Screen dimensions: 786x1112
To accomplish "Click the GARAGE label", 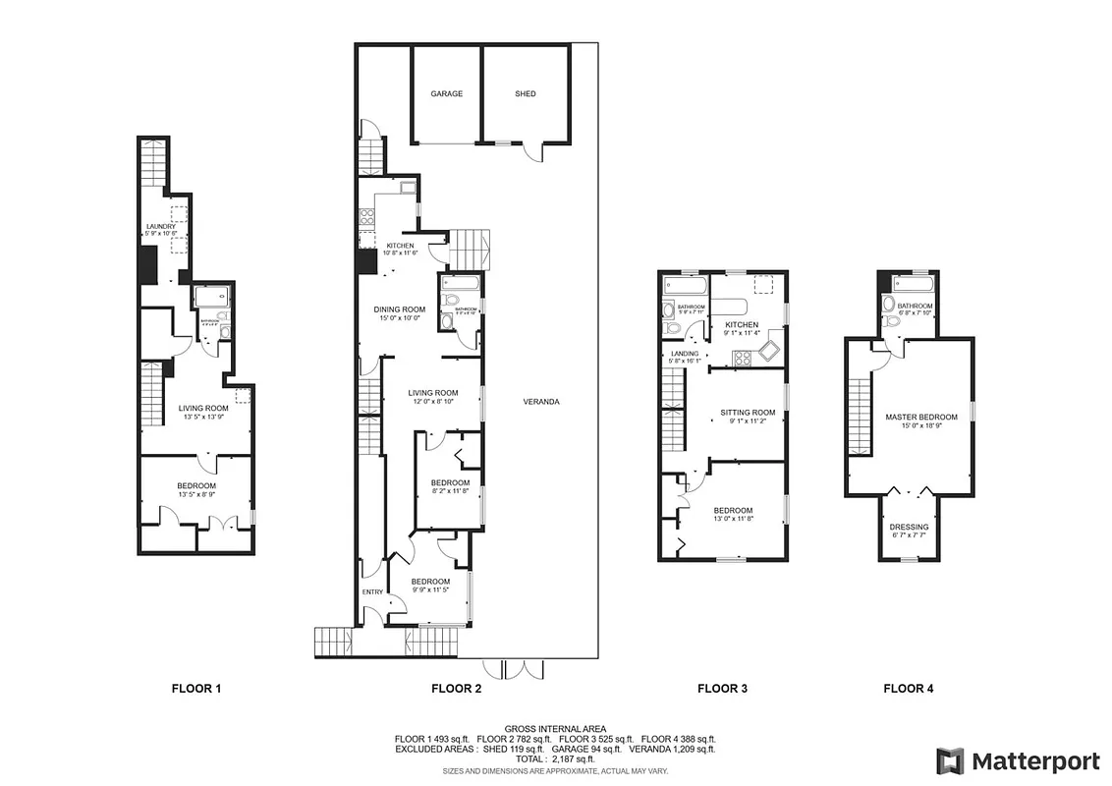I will click(x=446, y=94).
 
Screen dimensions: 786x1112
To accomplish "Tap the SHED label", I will click(x=526, y=94).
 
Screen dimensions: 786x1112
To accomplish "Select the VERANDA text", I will click(x=541, y=401).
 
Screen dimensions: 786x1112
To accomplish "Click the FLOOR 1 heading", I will click(x=196, y=689).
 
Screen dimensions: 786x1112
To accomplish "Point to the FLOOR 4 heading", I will click(x=909, y=689).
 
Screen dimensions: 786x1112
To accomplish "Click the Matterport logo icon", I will click(x=949, y=760).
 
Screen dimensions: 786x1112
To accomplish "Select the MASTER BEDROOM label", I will click(x=920, y=418).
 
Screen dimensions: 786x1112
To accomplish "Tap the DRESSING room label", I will click(x=909, y=528).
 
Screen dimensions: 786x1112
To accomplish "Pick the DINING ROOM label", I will click(x=399, y=309).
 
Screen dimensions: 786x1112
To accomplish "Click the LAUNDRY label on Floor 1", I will click(x=160, y=227).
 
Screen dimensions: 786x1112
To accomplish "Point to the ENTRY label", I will click(x=372, y=591).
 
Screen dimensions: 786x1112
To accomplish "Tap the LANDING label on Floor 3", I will click(x=685, y=354).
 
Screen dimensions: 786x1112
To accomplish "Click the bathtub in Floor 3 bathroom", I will click(x=685, y=287).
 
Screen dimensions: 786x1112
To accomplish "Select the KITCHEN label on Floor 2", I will click(x=400, y=246).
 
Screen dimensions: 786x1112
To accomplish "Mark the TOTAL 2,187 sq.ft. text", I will click(x=554, y=758).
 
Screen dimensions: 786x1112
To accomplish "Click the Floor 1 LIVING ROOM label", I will click(x=203, y=408).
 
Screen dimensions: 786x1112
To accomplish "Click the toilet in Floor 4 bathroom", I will click(x=891, y=320).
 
